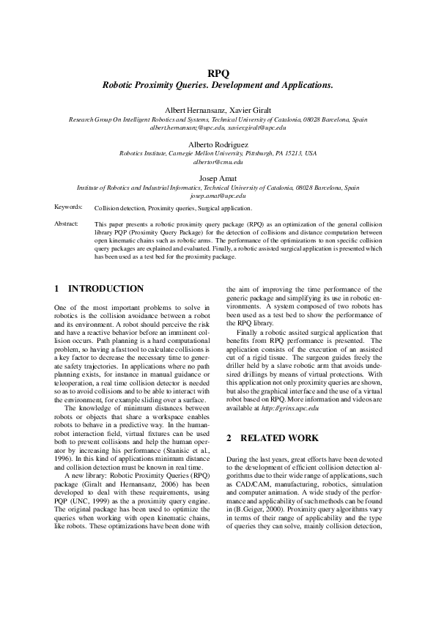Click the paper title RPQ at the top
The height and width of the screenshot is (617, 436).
click(x=218, y=73)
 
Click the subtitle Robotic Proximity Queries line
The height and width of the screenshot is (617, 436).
click(x=218, y=85)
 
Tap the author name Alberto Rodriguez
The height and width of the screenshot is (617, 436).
click(x=218, y=144)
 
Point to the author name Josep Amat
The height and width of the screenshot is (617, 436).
click(x=218, y=179)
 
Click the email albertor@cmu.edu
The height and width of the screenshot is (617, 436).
click(x=218, y=162)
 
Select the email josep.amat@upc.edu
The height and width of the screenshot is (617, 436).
click(x=218, y=196)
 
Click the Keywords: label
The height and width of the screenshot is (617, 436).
click(x=68, y=209)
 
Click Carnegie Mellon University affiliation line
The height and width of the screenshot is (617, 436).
click(x=218, y=154)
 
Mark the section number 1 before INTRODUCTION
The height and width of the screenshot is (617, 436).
click(x=57, y=289)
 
